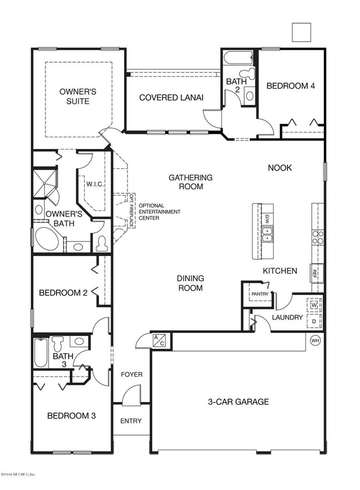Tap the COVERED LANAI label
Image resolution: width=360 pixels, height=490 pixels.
(x=171, y=97)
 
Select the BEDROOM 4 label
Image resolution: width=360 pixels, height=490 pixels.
(x=291, y=86)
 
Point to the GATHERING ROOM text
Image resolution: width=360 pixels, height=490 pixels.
(x=190, y=182)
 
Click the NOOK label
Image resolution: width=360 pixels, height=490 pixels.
(x=280, y=168)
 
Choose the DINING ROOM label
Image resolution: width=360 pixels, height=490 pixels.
(x=190, y=283)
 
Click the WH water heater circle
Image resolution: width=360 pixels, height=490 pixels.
(x=316, y=340)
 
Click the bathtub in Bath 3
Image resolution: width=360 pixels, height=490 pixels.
(x=41, y=353)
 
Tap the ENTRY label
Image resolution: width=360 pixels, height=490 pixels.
(x=131, y=421)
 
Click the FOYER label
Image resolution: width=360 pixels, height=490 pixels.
(x=132, y=375)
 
